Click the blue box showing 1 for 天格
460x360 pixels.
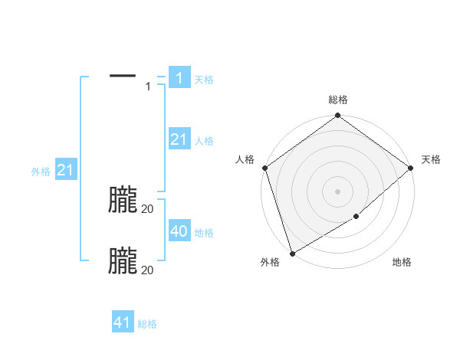pos(179,78)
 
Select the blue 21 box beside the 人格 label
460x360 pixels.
pos(179,139)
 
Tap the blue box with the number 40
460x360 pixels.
pos(179,231)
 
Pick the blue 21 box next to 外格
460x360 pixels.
pos(65,170)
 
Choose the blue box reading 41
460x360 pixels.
pos(122,322)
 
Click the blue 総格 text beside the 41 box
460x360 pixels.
pos(147,324)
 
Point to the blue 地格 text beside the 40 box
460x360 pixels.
pos(204,233)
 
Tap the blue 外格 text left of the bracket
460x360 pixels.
pos(41,172)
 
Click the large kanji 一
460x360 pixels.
pos(123,75)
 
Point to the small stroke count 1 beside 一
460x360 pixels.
pos(148,87)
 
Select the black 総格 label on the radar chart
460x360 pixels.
pos(338,100)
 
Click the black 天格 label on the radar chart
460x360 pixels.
pos(431,159)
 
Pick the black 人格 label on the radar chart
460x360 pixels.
pos(245,159)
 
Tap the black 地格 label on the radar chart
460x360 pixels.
pos(402,262)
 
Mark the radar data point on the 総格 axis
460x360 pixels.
pos(338,116)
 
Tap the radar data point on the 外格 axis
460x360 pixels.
pos(292,254)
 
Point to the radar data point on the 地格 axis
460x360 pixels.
pos(356,217)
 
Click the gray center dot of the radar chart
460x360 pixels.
pos(338,191)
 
